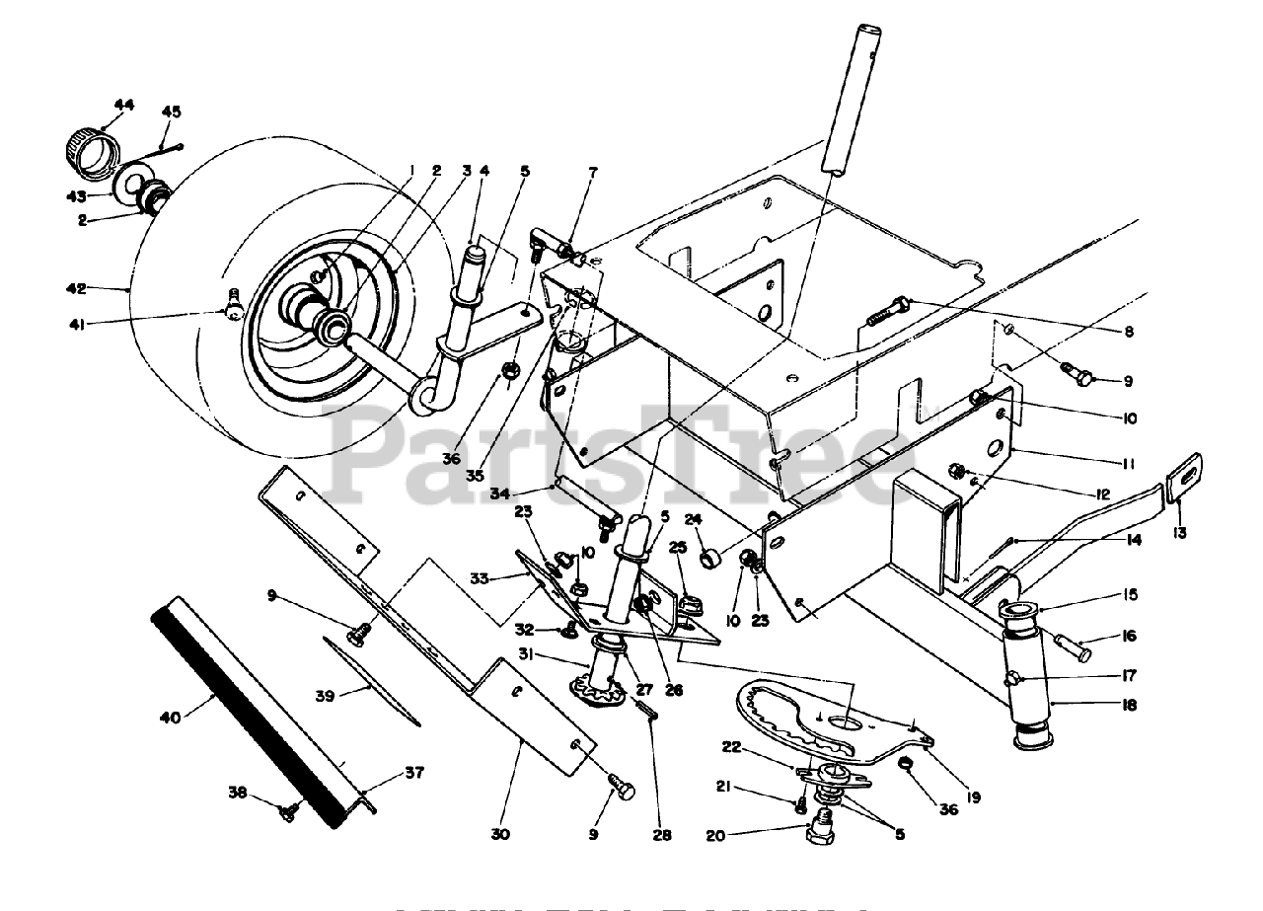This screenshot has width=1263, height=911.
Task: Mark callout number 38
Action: point(237,792)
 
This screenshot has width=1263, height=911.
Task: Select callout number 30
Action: point(500,834)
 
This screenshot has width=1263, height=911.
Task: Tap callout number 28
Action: point(661,835)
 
